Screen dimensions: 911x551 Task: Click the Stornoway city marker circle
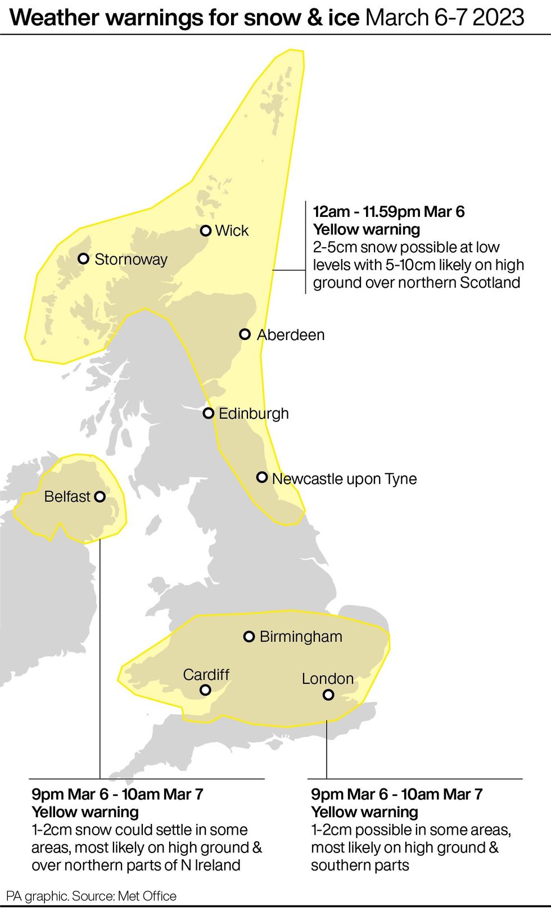pos(83,259)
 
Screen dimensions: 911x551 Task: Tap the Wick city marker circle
pos(206,230)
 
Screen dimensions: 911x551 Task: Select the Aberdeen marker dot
pos(245,334)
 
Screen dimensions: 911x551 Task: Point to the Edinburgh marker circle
pos(209,413)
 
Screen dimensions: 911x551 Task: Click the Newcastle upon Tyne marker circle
pos(262,477)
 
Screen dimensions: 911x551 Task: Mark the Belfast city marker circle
pos(100,496)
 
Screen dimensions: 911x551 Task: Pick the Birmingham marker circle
pos(249,636)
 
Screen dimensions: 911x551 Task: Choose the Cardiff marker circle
pos(206,689)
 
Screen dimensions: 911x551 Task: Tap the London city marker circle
pos(328,695)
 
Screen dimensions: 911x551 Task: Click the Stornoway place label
pos(131,259)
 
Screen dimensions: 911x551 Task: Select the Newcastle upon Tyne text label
pos(344,479)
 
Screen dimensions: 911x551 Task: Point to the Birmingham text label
pos(301,637)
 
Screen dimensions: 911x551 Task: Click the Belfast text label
pos(67,497)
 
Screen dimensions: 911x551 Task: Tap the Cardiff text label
pos(206,674)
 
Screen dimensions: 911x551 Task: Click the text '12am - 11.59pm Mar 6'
pos(389,212)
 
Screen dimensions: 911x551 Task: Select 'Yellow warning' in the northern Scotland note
pos(367,229)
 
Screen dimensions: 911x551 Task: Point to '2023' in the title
pos(498,18)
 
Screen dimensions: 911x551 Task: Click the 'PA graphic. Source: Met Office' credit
pos(91,896)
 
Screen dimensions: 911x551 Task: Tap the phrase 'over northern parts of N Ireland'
pos(136,865)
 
